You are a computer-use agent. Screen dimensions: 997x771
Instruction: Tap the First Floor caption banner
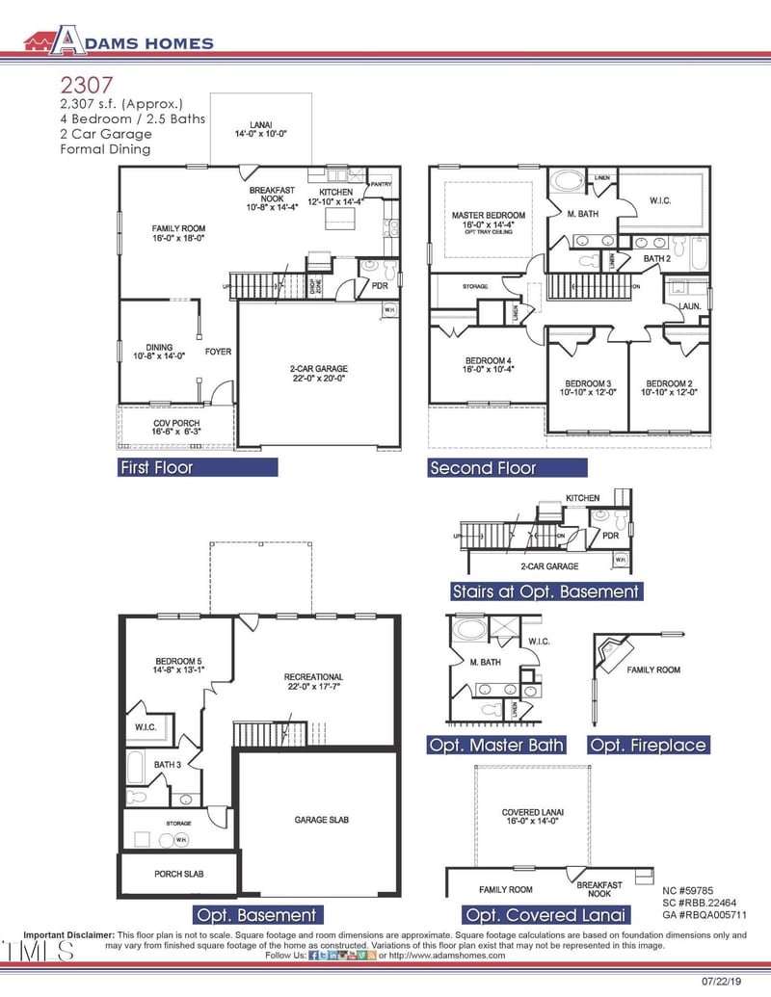[198, 467]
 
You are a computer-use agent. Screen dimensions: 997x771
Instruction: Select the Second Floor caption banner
[507, 467]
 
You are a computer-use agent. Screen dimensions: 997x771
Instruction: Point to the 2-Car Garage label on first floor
[318, 373]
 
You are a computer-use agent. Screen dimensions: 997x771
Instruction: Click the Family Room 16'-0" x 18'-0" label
[178, 232]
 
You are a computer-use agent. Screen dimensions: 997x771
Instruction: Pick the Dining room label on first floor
[159, 352]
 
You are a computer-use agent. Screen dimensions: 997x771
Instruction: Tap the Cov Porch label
[176, 428]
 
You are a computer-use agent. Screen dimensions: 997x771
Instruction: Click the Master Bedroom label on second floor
[487, 221]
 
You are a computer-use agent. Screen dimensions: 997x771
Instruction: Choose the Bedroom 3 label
[588, 387]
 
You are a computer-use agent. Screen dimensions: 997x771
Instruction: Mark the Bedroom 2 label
[669, 387]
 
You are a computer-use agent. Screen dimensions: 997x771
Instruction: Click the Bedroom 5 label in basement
[176, 665]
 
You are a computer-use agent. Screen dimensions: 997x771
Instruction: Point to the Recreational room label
[313, 681]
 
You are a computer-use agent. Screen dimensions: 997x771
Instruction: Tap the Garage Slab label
[321, 820]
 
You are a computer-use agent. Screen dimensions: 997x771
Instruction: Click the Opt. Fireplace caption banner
[648, 745]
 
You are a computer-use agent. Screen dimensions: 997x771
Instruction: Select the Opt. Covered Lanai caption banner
[545, 914]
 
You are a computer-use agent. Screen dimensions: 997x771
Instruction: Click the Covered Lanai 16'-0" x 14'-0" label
[533, 817]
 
